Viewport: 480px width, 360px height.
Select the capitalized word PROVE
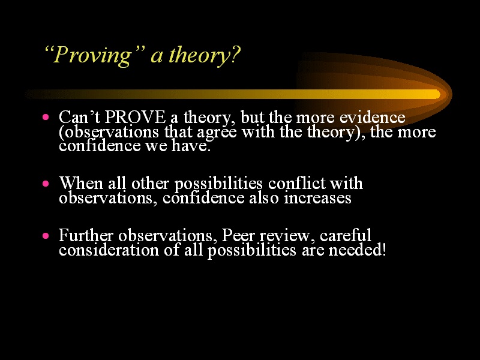[135, 117]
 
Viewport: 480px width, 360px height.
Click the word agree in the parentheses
[217, 133]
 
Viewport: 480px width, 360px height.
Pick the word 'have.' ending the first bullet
[191, 145]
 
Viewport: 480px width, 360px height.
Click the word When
[81, 183]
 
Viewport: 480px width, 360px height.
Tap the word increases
[317, 198]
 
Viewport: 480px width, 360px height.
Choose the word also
[264, 198]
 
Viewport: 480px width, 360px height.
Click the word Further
[86, 235]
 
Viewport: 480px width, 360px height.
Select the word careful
[346, 235]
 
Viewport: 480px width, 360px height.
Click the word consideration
[109, 250]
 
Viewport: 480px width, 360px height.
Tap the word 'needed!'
[357, 250]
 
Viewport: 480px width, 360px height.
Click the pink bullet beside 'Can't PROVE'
[46, 116]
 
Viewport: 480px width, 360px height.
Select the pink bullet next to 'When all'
[46, 184]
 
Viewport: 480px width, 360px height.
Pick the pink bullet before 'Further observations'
[46, 235]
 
